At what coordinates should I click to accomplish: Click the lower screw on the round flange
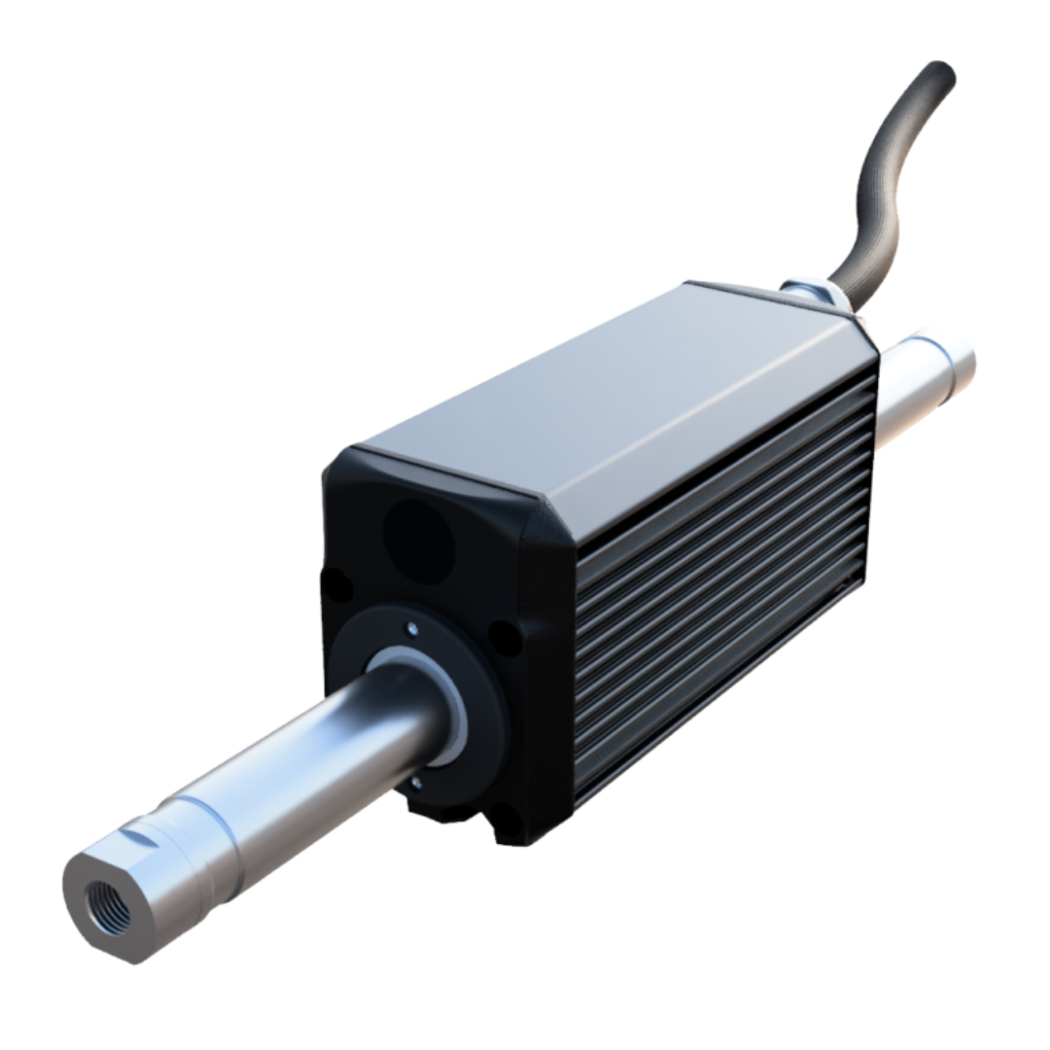[x=416, y=780]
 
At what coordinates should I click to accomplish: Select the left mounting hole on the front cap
[x=336, y=586]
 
